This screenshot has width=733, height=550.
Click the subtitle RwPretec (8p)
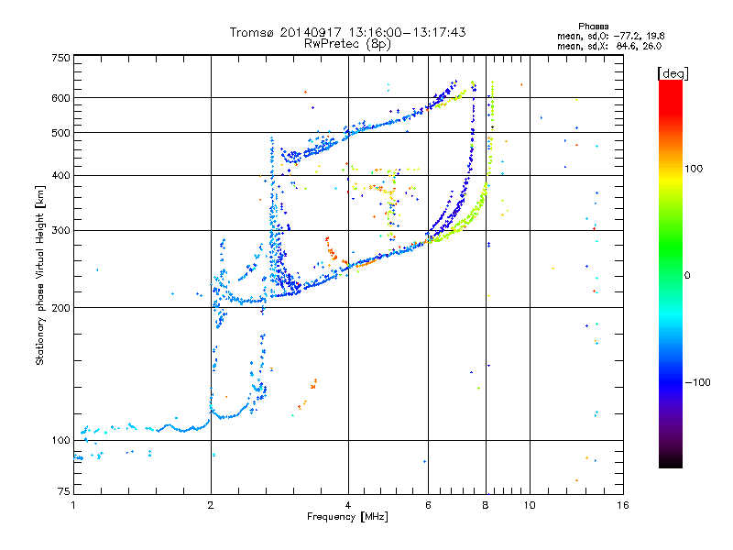click(348, 43)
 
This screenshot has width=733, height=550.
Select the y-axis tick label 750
click(60, 58)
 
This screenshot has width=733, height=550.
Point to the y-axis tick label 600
click(60, 98)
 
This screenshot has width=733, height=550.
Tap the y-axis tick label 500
click(60, 133)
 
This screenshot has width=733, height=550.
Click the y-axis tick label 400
click(60, 176)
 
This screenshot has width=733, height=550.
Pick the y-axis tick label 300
click(60, 231)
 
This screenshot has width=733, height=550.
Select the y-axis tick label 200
click(60, 308)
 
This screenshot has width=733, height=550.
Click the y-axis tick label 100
click(60, 441)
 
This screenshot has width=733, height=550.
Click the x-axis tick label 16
click(623, 505)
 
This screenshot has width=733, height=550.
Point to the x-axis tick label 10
click(529, 505)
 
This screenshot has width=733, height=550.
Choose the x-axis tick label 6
click(428, 505)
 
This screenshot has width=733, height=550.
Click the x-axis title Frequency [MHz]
click(347, 517)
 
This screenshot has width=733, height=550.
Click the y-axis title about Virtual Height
click(40, 275)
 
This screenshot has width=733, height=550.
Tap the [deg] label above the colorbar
click(673, 72)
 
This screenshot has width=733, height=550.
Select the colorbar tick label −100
click(699, 382)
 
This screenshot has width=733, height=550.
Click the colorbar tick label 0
click(688, 275)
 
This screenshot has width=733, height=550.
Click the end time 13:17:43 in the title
click(436, 32)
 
